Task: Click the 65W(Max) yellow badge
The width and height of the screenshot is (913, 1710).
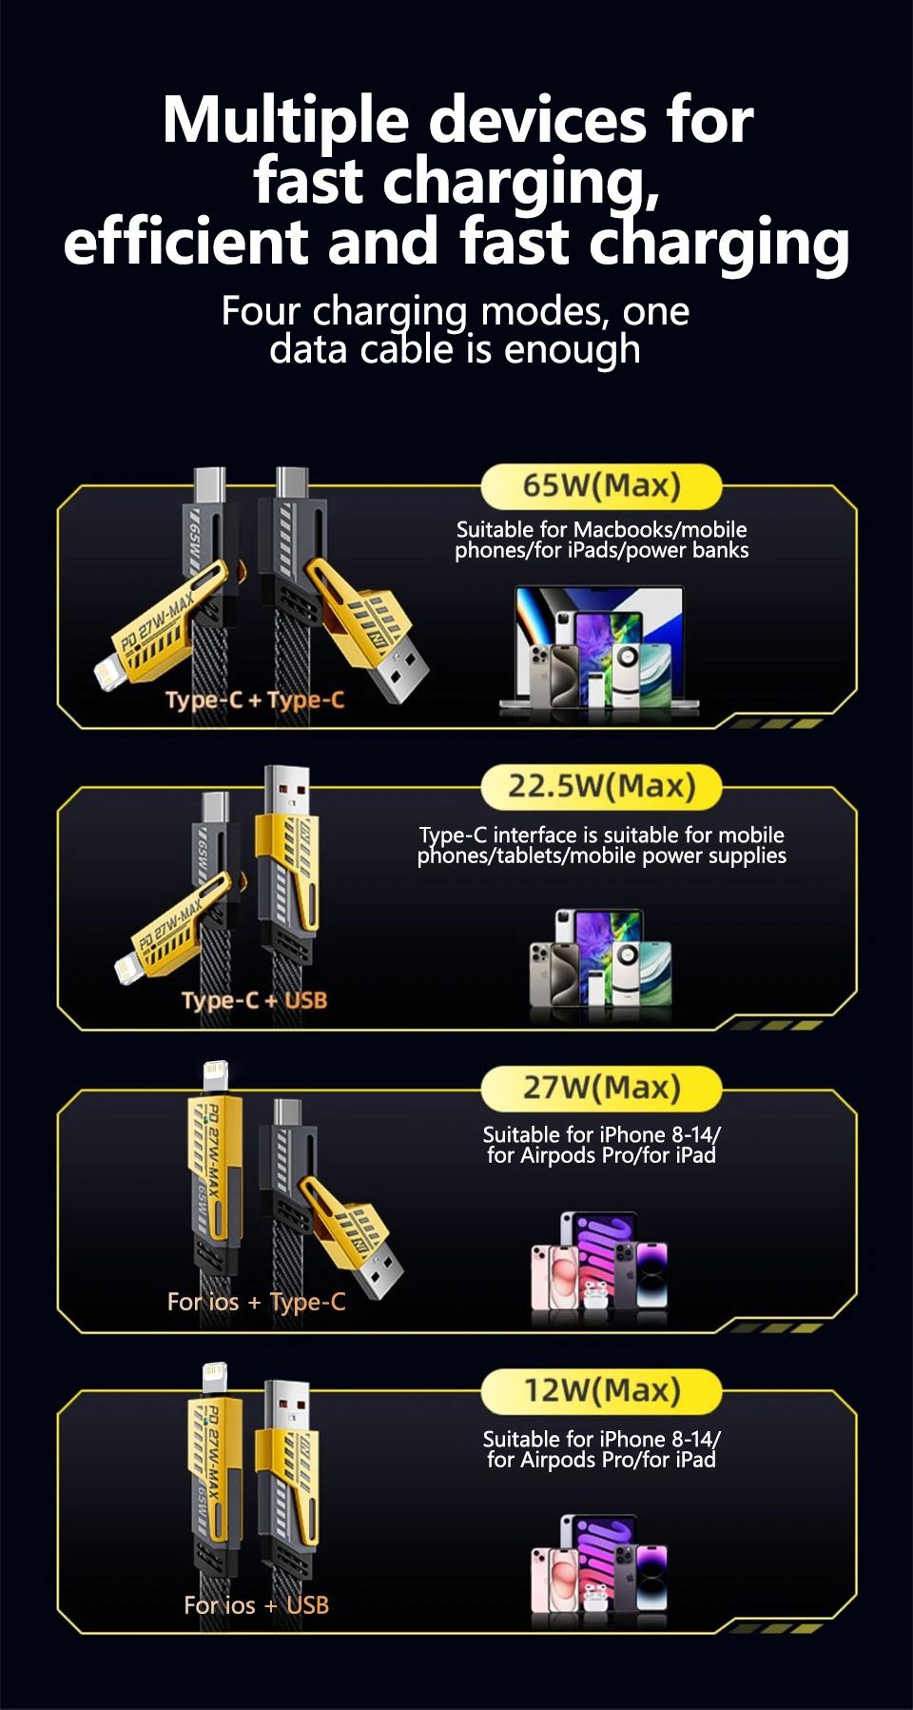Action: [x=601, y=486]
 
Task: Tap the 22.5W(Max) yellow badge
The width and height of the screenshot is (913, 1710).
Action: [x=601, y=787]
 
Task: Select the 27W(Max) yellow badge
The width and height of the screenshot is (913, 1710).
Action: [x=601, y=1088]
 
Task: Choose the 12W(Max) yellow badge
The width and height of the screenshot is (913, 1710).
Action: [x=601, y=1391]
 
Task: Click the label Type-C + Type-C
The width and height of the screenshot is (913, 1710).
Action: [x=255, y=700]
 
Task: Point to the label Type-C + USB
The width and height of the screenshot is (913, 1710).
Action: [x=254, y=1001]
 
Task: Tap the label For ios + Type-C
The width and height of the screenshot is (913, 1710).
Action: [x=257, y=1302]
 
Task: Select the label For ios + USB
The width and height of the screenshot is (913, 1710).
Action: [x=257, y=1605]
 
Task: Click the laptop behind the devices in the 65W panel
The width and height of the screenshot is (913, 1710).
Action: [x=599, y=647]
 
